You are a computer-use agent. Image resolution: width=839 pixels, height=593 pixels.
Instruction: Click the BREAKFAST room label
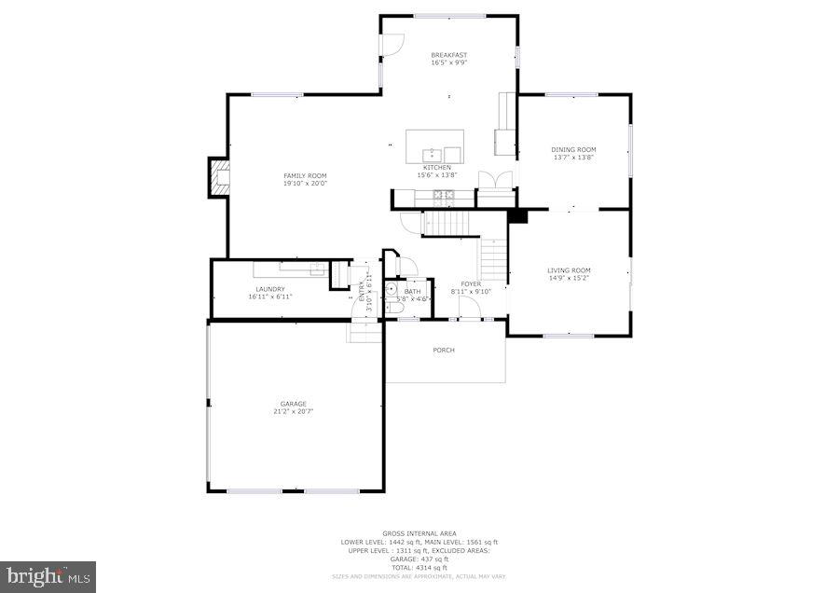448,55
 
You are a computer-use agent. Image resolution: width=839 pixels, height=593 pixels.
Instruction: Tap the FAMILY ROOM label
305,175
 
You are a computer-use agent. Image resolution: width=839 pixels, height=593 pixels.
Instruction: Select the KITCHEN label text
436,168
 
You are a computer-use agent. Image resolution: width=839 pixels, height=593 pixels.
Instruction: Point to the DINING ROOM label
573,149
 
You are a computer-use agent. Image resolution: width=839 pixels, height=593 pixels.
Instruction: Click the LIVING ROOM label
569,270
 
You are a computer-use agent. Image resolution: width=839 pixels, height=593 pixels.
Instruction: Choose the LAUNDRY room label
270,289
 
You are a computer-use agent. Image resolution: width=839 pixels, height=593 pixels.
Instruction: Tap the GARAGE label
294,404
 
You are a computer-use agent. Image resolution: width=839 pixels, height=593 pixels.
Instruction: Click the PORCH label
444,351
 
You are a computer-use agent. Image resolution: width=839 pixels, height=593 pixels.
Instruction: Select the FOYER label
471,284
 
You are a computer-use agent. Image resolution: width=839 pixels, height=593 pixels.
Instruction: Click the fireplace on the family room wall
218,177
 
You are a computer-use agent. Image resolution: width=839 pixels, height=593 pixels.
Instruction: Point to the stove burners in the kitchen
443,197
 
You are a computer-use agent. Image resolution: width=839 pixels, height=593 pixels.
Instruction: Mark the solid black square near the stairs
518,216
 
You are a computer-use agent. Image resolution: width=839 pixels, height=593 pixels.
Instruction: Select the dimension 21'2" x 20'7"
294,411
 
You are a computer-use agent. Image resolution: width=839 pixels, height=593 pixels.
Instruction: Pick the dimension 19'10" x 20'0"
305,183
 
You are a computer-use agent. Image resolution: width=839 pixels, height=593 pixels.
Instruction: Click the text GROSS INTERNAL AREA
419,534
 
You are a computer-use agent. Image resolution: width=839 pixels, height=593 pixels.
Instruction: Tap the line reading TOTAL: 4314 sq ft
419,568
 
